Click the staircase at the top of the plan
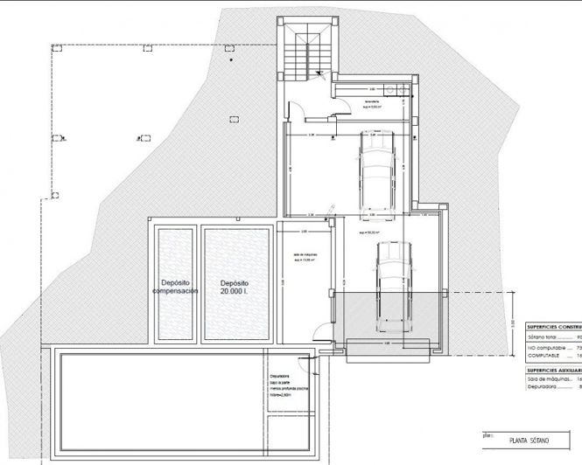(306, 54)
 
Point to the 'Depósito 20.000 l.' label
(235, 288)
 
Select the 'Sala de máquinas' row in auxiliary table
(549, 380)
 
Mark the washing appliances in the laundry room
(399, 87)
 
